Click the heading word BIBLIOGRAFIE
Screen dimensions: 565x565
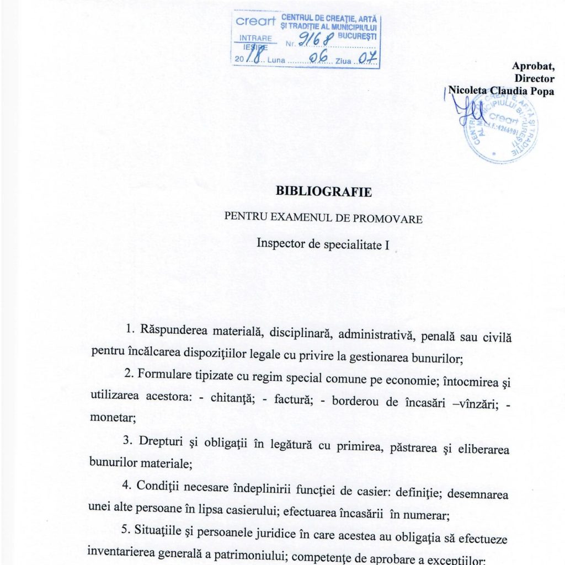pyautogui.click(x=324, y=192)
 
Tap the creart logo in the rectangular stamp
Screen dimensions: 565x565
pyautogui.click(x=255, y=22)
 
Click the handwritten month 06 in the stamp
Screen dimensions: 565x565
pyautogui.click(x=318, y=57)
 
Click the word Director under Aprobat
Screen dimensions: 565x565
pyautogui.click(x=534, y=79)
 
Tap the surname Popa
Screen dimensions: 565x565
pyautogui.click(x=542, y=92)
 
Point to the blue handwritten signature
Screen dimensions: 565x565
pyautogui.click(x=470, y=110)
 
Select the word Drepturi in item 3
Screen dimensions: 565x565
pyautogui.click(x=161, y=443)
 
